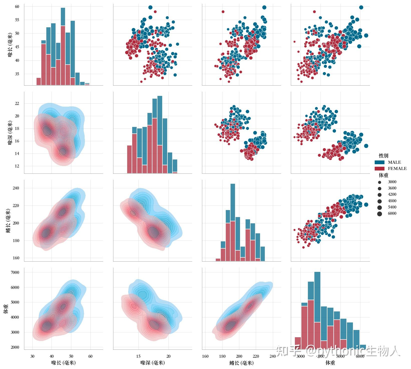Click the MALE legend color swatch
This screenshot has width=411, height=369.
(x=379, y=162)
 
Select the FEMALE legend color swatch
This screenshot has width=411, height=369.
(x=379, y=169)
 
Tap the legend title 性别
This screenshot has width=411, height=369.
(x=383, y=156)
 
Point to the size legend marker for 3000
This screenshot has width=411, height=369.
(x=380, y=182)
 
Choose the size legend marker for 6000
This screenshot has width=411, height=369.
(x=380, y=214)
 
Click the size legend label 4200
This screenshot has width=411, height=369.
(x=392, y=195)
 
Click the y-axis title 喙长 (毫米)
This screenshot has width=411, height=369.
(x=10, y=45)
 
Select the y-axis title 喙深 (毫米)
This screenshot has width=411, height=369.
(x=10, y=133)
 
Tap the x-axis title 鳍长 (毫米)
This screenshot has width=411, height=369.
(x=241, y=363)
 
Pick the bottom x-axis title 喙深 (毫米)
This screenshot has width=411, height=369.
(x=152, y=363)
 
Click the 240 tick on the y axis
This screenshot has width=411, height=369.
(x=16, y=188)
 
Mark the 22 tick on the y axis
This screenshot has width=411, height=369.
(x=17, y=103)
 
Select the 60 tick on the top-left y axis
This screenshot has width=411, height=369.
(x=17, y=7)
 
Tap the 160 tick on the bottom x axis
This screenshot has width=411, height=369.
(x=205, y=356)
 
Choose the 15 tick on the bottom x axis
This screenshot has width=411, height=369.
(x=138, y=356)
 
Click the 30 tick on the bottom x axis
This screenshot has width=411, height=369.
(x=32, y=356)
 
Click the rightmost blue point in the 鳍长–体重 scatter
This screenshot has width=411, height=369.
(x=366, y=205)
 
